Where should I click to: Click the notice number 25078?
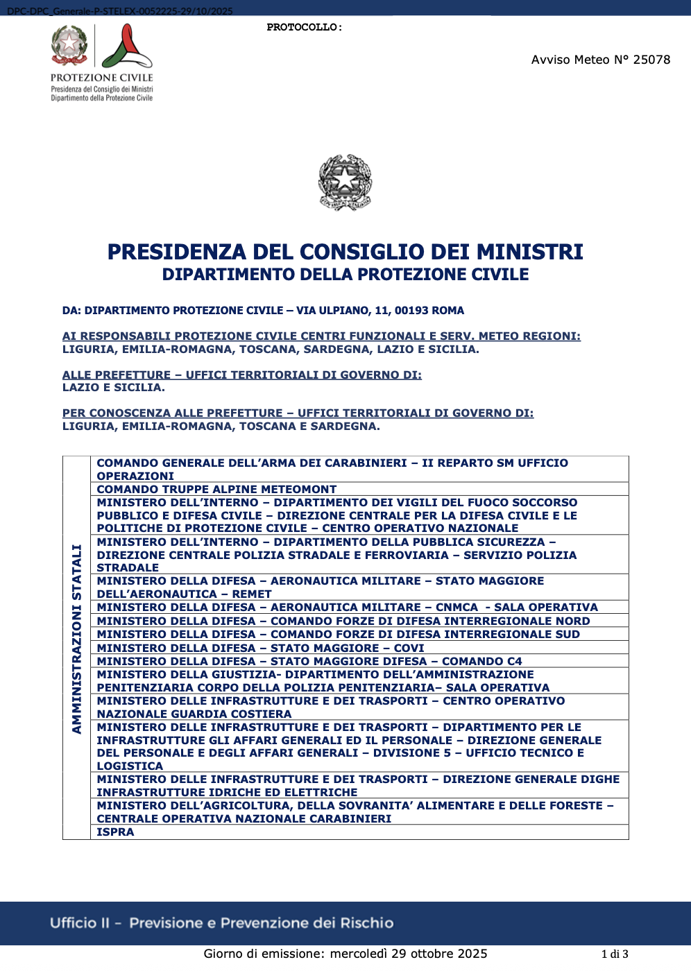point(651,60)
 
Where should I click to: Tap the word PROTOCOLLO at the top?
point(303,28)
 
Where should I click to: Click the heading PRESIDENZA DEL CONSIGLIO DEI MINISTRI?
point(345,252)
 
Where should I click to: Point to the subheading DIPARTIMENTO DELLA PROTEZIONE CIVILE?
point(345,275)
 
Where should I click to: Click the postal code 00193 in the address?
point(412,311)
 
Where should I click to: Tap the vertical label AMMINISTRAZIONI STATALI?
point(77,638)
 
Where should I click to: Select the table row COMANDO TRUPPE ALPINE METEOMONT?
point(216,489)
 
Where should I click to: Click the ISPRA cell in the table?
point(115,832)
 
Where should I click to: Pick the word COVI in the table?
point(409,648)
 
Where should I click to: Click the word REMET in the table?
point(251,594)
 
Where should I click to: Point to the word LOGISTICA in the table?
point(130,766)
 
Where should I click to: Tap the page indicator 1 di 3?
point(615,954)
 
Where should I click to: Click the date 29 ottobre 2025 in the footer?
point(439,953)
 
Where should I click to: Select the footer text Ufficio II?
point(80,923)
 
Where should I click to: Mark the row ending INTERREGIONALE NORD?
point(343,621)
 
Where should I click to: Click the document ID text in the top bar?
point(120,11)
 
